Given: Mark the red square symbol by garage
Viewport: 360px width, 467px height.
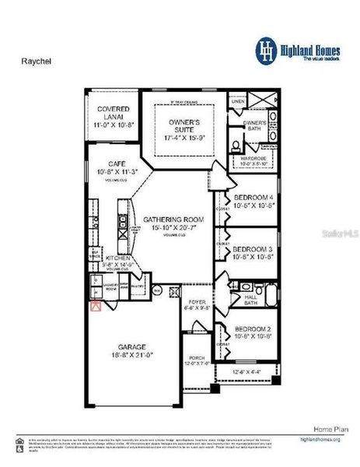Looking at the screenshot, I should (96, 307).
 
